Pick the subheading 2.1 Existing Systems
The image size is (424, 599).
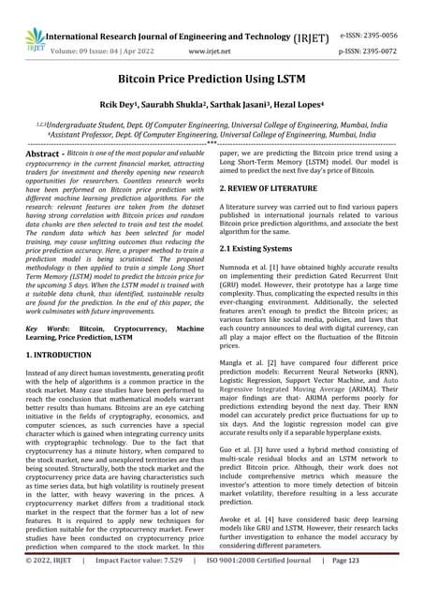tap(261, 248)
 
